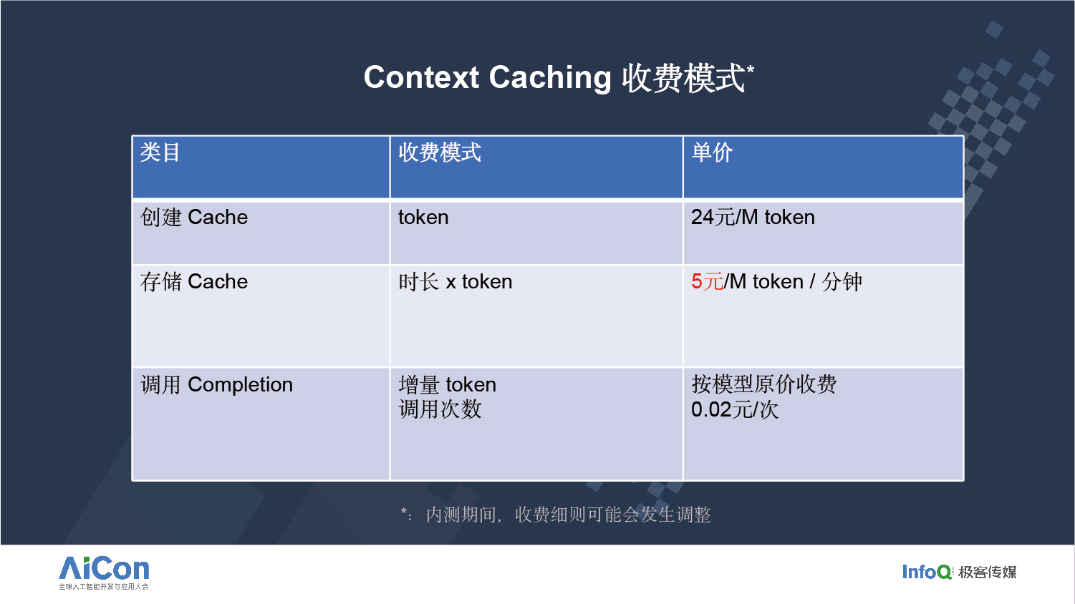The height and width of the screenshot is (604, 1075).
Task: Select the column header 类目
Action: pyautogui.click(x=160, y=152)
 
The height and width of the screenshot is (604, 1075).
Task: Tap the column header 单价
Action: pyautogui.click(x=712, y=152)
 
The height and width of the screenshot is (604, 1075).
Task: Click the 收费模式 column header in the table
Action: pyautogui.click(x=440, y=152)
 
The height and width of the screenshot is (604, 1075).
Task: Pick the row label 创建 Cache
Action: pyautogui.click(x=194, y=217)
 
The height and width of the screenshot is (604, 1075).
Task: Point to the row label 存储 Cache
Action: pyautogui.click(x=194, y=281)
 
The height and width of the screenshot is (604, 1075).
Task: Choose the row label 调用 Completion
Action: pyautogui.click(x=216, y=385)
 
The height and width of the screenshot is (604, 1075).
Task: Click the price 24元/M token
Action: pyautogui.click(x=753, y=217)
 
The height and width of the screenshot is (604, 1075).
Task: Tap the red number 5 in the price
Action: pyautogui.click(x=697, y=281)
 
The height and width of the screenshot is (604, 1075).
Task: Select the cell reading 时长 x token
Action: pyautogui.click(x=455, y=281)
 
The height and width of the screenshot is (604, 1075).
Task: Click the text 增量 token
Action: pyautogui.click(x=448, y=385)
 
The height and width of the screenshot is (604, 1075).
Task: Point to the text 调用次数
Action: pyautogui.click(x=440, y=409)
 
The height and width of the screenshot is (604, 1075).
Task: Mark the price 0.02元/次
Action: pyautogui.click(x=735, y=409)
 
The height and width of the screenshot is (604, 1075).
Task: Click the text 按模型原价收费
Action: pyautogui.click(x=764, y=384)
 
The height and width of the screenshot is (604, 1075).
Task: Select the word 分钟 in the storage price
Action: pyautogui.click(x=842, y=281)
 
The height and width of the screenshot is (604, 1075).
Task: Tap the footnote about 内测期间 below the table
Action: pyautogui.click(x=556, y=515)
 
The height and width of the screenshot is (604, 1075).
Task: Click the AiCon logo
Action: pyautogui.click(x=104, y=573)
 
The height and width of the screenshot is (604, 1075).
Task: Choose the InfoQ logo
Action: pyautogui.click(x=927, y=571)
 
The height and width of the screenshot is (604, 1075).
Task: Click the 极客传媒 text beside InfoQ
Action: pyautogui.click(x=988, y=572)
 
